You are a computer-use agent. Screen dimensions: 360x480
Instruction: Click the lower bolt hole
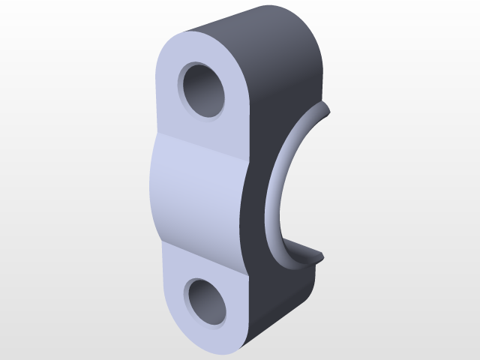(207, 301)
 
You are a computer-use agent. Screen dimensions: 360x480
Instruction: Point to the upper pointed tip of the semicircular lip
(328, 112)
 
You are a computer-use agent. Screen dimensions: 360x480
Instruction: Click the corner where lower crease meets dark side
(247, 273)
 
